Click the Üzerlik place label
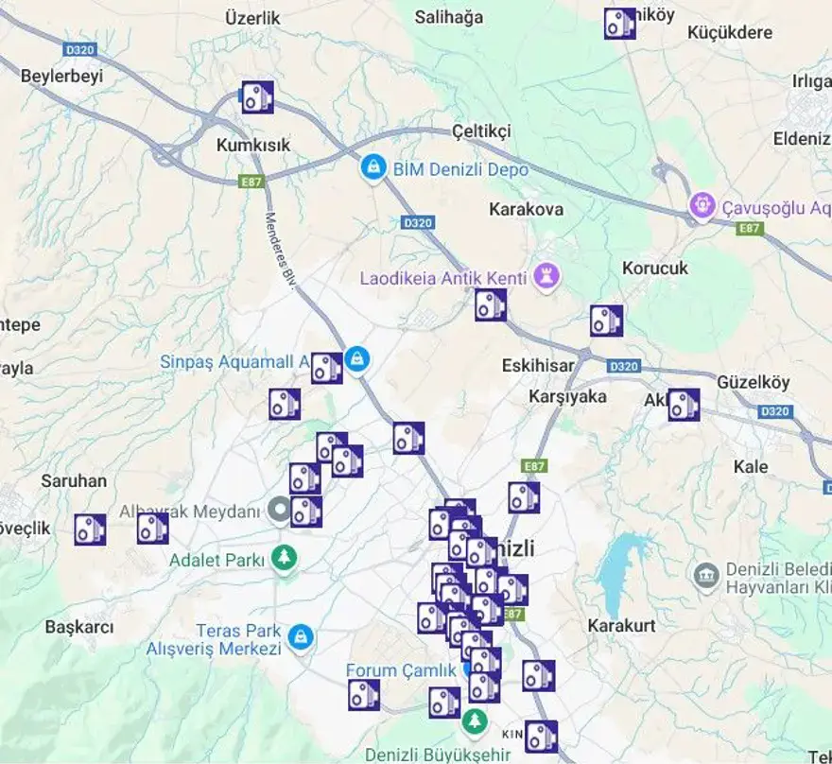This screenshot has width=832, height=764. coord(253,18)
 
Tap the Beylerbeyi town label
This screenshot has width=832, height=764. coord(61,77)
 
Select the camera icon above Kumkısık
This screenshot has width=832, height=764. coord(257,96)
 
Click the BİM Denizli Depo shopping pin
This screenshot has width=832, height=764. coord(374,168)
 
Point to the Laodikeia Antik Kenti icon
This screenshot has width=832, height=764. coord(547,276)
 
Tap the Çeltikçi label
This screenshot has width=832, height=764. coord(481,131)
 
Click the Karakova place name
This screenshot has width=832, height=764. coord(527,209)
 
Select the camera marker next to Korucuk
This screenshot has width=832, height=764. coord(606,321)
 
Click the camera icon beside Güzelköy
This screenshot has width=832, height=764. coord(684,404)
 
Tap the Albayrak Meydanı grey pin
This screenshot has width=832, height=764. coord(280,511)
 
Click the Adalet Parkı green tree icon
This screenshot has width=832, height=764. coord(284,558)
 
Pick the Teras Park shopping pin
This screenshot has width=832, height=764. coord(302,636)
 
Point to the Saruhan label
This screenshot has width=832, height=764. coord(74,480)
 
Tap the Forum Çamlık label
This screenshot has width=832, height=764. coord(401,670)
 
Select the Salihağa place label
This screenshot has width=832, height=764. coord(450,17)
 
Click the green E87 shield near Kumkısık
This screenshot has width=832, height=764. coord(251,181)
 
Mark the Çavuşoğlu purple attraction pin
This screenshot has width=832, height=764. coord(702,204)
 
